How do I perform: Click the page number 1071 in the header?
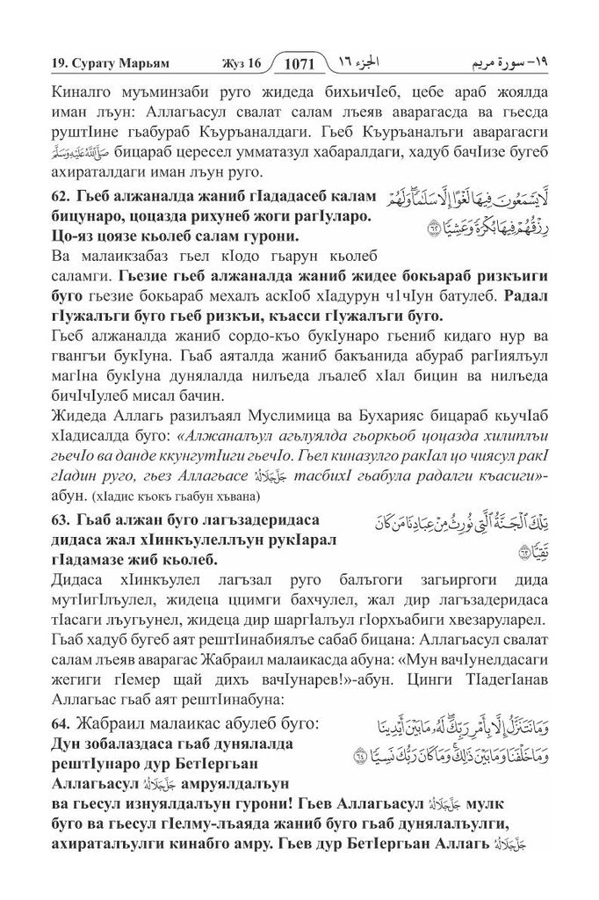[x=304, y=63]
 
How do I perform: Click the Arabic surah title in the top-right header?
[x=525, y=63]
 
